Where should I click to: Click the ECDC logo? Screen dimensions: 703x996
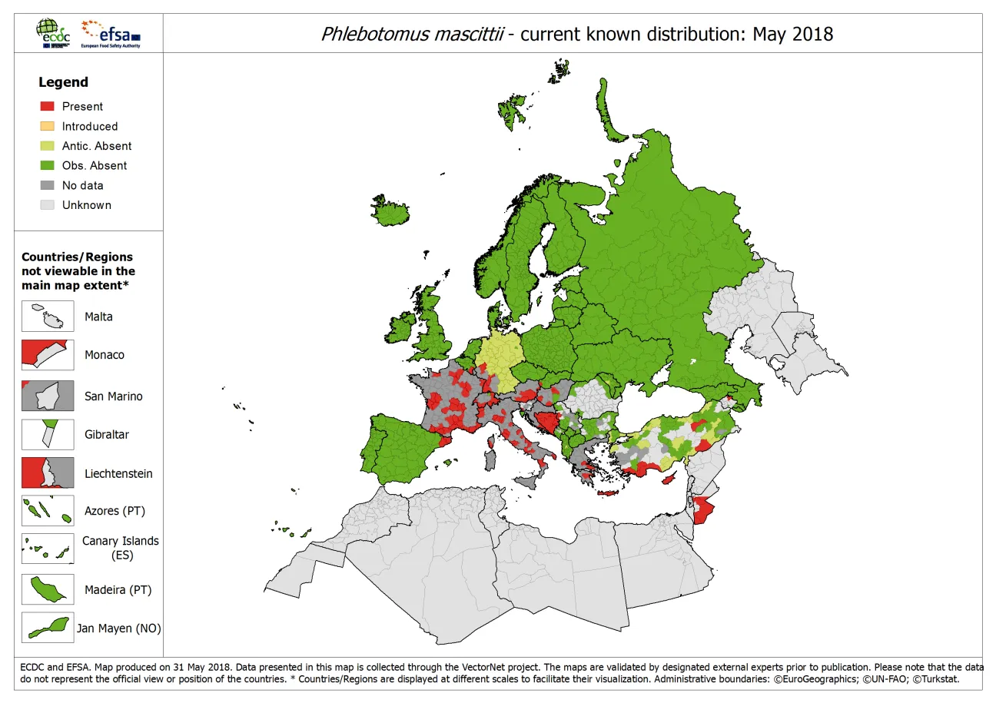[x=52, y=33]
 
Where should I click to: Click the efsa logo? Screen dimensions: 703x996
[x=111, y=33]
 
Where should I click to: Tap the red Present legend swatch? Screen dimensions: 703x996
[x=47, y=106]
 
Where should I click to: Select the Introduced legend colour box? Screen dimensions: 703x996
[x=47, y=126]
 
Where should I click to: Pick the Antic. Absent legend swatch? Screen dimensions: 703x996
[x=47, y=146]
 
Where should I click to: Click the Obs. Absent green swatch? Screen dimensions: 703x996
[x=47, y=165]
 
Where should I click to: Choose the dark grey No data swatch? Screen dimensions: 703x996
[x=47, y=185]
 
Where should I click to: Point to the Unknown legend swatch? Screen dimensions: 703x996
[x=47, y=205]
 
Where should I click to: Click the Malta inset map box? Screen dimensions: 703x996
[x=48, y=317]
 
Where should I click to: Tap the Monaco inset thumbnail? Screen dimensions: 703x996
[x=48, y=355]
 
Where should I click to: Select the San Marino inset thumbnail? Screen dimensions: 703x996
[x=48, y=396]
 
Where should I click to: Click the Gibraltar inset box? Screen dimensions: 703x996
[x=48, y=434]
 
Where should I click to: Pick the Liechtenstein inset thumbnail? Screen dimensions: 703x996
[x=48, y=473]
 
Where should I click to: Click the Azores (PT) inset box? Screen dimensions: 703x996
[x=48, y=510]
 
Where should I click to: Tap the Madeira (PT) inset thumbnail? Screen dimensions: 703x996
[x=48, y=590]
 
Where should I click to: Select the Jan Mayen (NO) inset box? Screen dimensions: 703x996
[x=48, y=628]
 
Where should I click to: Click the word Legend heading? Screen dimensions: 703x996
[x=63, y=82]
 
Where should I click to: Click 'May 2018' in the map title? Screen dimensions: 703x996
[x=792, y=34]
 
